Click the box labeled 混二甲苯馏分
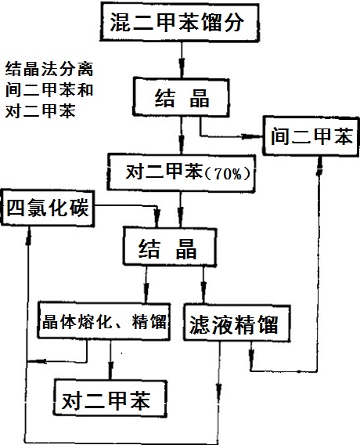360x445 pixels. [179, 22]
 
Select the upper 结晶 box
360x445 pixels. [181, 97]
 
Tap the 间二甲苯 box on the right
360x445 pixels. [311, 136]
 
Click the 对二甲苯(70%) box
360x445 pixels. [181, 172]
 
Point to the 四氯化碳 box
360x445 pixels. [47, 208]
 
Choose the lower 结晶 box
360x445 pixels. [170, 246]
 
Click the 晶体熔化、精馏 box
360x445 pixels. [104, 321]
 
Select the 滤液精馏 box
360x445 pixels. [237, 323]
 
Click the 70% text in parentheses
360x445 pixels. [229, 174]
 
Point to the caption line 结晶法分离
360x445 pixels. [49, 69]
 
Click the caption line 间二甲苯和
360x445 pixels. [49, 90]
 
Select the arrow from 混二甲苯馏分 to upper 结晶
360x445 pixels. [182, 60]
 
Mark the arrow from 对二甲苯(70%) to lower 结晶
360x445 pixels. [181, 209]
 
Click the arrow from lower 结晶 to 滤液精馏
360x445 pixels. [203, 285]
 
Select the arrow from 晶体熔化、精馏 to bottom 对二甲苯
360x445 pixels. [111, 360]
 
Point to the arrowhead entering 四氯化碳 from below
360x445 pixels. [29, 236]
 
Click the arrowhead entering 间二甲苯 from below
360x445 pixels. [320, 165]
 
